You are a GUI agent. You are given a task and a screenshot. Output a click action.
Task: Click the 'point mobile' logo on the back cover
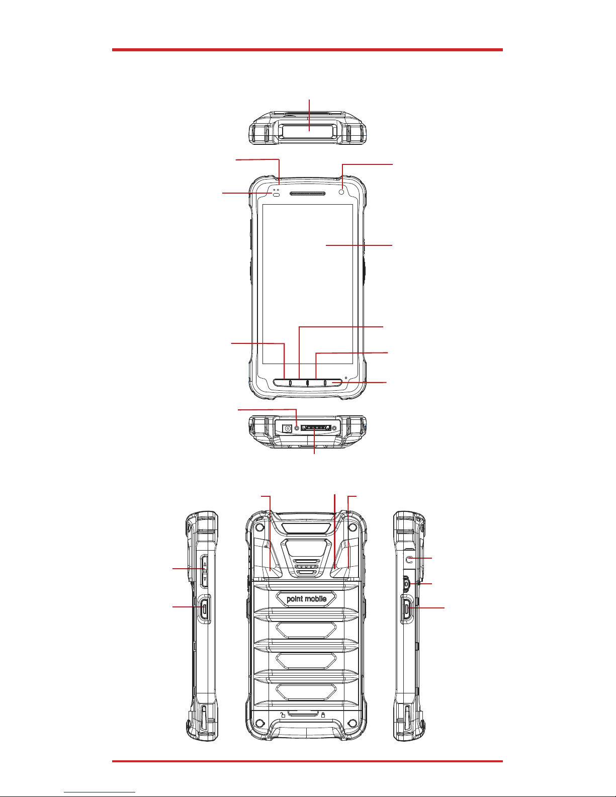(307, 599)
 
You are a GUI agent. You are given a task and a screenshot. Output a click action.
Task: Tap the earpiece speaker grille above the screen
(307, 193)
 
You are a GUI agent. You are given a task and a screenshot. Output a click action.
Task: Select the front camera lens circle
(342, 192)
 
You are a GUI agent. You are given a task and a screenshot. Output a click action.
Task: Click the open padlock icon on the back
(283, 714)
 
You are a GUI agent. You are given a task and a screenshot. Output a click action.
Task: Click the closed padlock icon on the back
(323, 715)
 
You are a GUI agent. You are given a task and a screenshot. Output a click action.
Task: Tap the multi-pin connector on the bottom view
(316, 427)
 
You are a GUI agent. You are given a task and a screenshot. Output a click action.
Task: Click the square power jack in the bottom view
(286, 428)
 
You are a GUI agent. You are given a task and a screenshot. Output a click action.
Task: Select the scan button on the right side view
(406, 609)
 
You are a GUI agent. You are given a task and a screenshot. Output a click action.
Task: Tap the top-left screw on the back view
(260, 527)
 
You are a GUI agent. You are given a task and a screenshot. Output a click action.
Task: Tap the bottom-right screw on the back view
(353, 723)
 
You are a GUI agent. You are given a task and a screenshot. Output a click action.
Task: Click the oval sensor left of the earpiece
(276, 195)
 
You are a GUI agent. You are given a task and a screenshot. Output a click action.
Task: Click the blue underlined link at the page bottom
(100, 791)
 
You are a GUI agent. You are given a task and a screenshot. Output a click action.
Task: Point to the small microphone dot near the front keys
(346, 378)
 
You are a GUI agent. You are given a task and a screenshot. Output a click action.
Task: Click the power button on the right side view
(406, 583)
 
